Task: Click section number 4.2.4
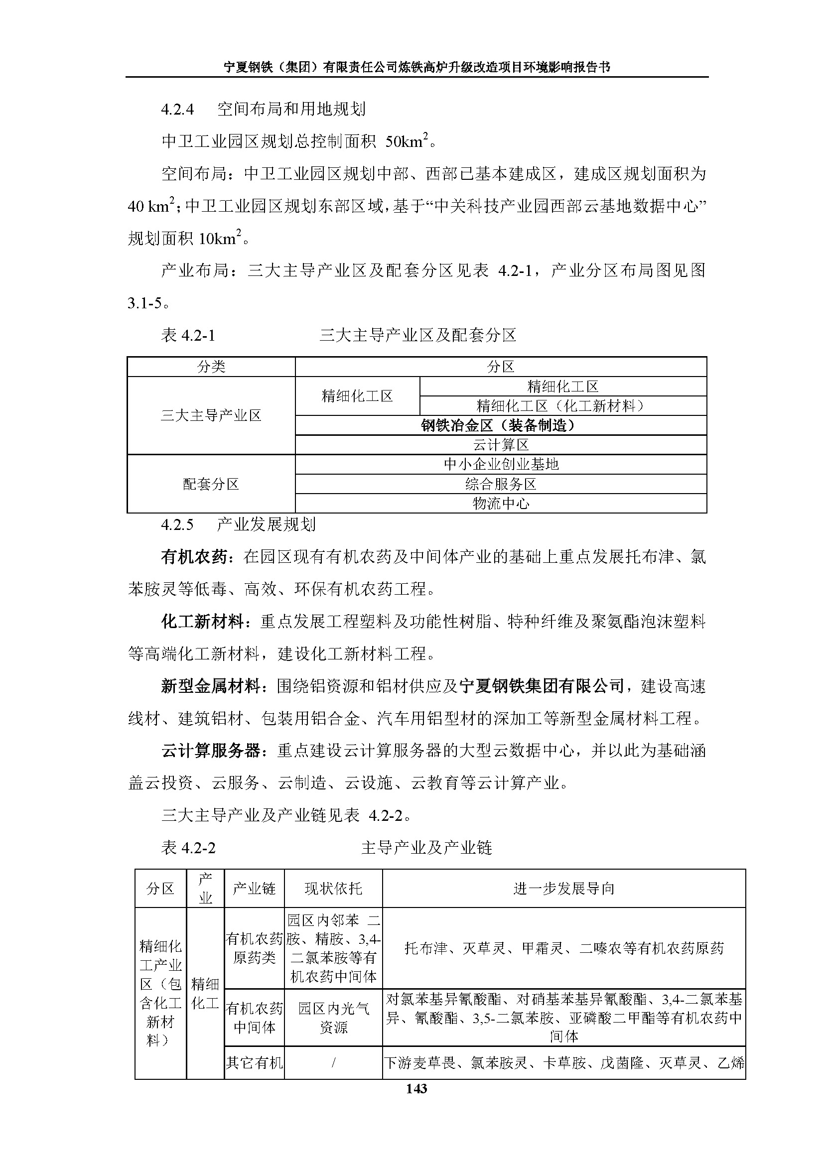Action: pos(177,109)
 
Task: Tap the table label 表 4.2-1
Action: pos(188,335)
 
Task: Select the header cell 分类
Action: pos(211,367)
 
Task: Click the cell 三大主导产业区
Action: pos(211,415)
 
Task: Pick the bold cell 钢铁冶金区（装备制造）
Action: pos(500,425)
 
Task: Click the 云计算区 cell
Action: pos(500,445)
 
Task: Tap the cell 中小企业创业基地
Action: pos(500,464)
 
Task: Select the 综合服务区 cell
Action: pos(500,484)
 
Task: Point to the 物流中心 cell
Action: pos(500,504)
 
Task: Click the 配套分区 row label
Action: pos(211,484)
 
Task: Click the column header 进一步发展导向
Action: pos(564,889)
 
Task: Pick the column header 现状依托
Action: pos(333,889)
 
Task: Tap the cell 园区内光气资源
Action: pos(333,1018)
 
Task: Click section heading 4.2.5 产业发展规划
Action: pos(239,524)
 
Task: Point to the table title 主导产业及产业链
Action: pos(426,848)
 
